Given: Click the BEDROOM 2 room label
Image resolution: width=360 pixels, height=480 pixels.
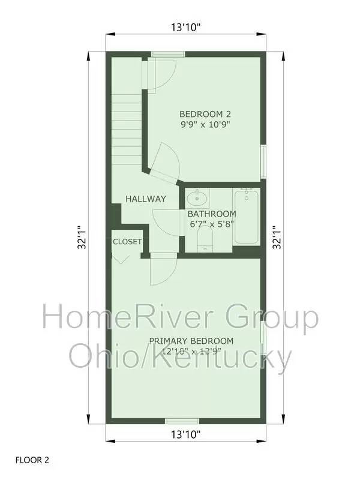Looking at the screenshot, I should (205, 113).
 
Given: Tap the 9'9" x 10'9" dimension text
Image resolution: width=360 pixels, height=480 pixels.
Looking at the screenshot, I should (205, 125).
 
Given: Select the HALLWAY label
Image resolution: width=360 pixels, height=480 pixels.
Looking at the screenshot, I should (145, 199).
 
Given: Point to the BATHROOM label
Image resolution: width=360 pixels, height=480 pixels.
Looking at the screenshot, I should (212, 214).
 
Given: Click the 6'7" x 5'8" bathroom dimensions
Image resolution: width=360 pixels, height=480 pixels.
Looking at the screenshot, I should (212, 224).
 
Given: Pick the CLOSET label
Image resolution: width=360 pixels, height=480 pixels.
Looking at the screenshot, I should (127, 242).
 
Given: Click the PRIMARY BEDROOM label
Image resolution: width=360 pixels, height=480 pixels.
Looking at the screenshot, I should (191, 341).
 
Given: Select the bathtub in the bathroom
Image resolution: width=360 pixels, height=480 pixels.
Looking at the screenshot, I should (245, 216).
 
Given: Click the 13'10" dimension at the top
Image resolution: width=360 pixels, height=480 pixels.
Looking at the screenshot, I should (185, 27).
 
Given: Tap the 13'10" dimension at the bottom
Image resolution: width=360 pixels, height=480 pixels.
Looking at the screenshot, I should (185, 433).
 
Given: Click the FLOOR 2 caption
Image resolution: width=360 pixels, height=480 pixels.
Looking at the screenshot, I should (32, 461).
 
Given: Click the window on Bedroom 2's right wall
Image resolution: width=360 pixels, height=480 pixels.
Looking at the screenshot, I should (263, 161).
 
